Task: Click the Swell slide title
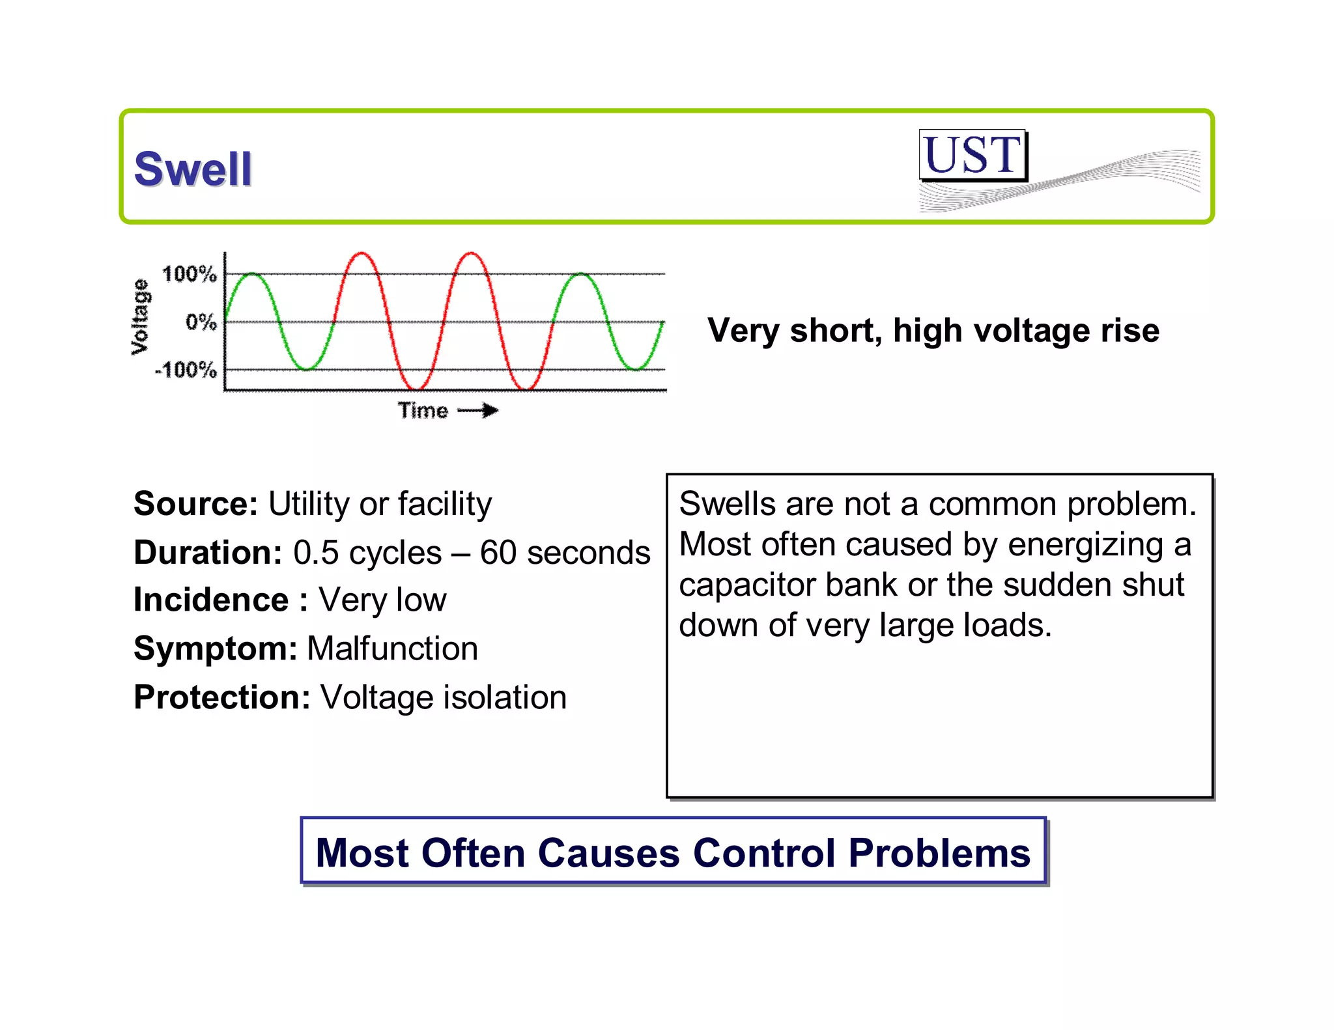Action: pyautogui.click(x=193, y=169)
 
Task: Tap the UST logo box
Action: pyautogui.click(x=972, y=155)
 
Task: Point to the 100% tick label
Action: pyautogui.click(x=189, y=274)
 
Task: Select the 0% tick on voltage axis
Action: pyautogui.click(x=201, y=322)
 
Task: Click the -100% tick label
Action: pyautogui.click(x=186, y=370)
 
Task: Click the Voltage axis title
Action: pyautogui.click(x=140, y=317)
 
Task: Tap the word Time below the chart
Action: pyautogui.click(x=423, y=411)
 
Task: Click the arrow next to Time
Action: pyautogui.click(x=479, y=410)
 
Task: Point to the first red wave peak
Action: pyautogui.click(x=362, y=254)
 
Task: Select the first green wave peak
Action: pyautogui.click(x=252, y=275)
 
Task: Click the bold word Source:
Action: pyautogui.click(x=196, y=504)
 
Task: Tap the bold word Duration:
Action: pyautogui.click(x=208, y=553)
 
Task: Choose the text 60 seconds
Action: pyautogui.click(x=565, y=553)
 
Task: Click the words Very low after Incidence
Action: pyautogui.click(x=382, y=600)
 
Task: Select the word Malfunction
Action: pyautogui.click(x=393, y=648)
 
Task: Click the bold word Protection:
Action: pyautogui.click(x=222, y=697)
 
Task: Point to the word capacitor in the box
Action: pyautogui.click(x=746, y=585)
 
